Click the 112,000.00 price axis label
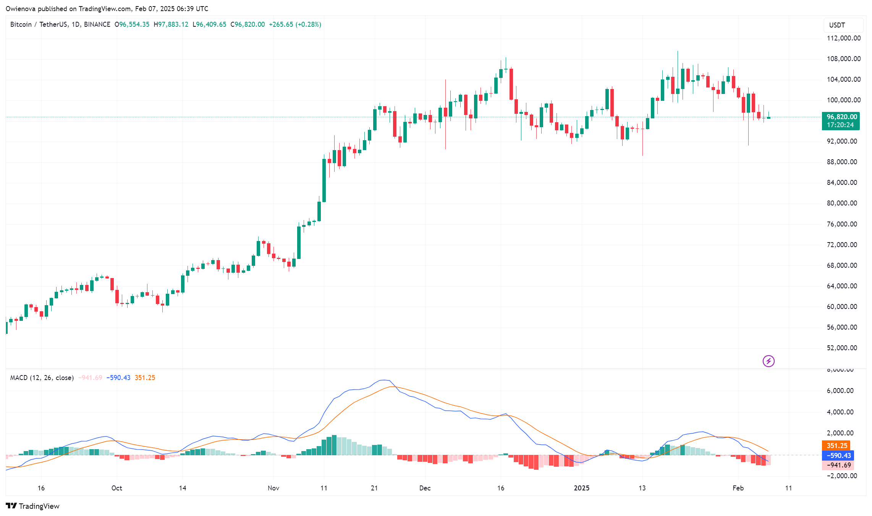pos(843,38)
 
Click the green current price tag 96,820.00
pos(841,117)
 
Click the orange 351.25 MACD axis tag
pos(837,446)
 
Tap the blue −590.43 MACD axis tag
pos(838,456)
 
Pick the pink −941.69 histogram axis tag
pos(838,465)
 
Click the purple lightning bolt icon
pos(768,361)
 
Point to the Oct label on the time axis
pos(117,488)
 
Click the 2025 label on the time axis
pos(581,488)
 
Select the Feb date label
pos(738,488)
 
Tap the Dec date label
pos(425,488)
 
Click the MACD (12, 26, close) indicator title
pos(42,378)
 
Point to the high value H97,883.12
pos(171,24)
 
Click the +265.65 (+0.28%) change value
pos(295,24)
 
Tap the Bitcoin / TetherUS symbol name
pos(40,24)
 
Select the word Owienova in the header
pos(20,8)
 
